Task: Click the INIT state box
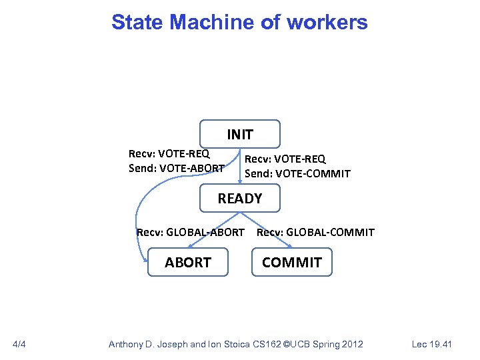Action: click(240, 134)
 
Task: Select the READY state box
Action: click(240, 198)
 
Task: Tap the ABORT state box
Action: click(188, 262)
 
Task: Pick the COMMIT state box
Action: click(291, 262)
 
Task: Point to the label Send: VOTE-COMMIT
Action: click(297, 173)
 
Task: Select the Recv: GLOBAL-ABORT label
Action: click(190, 232)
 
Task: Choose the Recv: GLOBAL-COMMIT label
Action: click(315, 232)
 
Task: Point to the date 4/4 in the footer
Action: click(19, 344)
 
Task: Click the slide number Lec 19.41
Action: click(431, 344)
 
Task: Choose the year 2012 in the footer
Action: click(351, 344)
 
